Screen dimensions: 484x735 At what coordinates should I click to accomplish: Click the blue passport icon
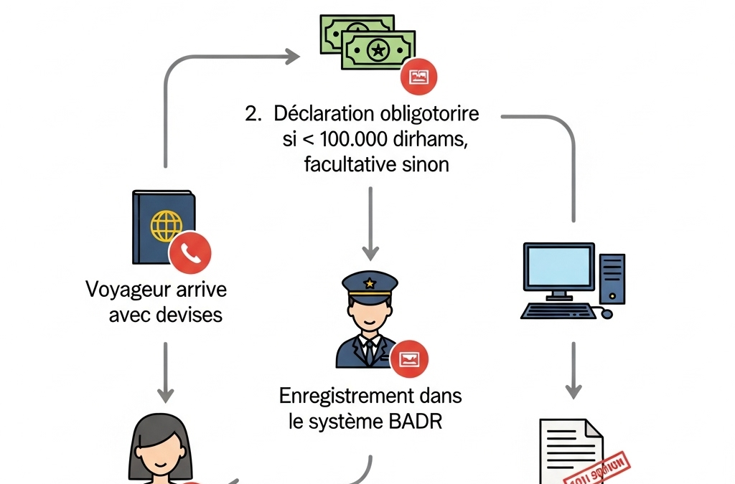coord(163,227)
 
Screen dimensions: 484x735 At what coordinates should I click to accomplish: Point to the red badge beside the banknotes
coord(418,77)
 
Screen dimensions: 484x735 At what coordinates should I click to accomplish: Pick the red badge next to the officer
coord(410,359)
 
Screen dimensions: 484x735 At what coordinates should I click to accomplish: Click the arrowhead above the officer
coord(370,252)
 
